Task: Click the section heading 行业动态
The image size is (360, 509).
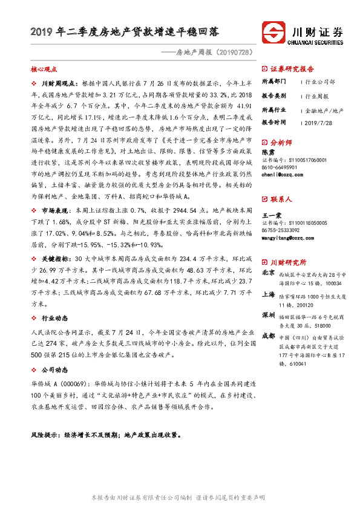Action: (54, 318)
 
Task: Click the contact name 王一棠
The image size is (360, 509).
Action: (270, 215)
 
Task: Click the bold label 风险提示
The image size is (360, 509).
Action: (48, 435)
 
